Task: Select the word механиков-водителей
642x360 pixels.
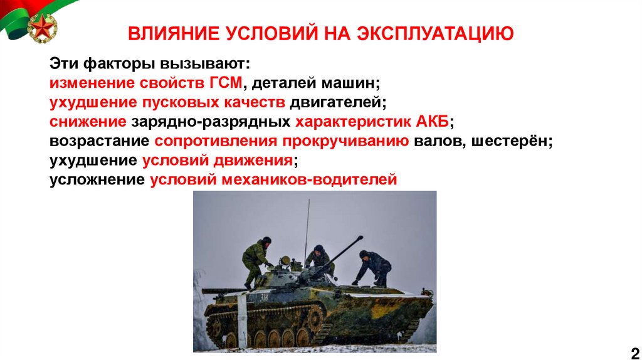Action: [x=309, y=181]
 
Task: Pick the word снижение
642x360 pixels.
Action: [x=88, y=122]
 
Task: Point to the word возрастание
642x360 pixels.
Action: [x=99, y=141]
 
